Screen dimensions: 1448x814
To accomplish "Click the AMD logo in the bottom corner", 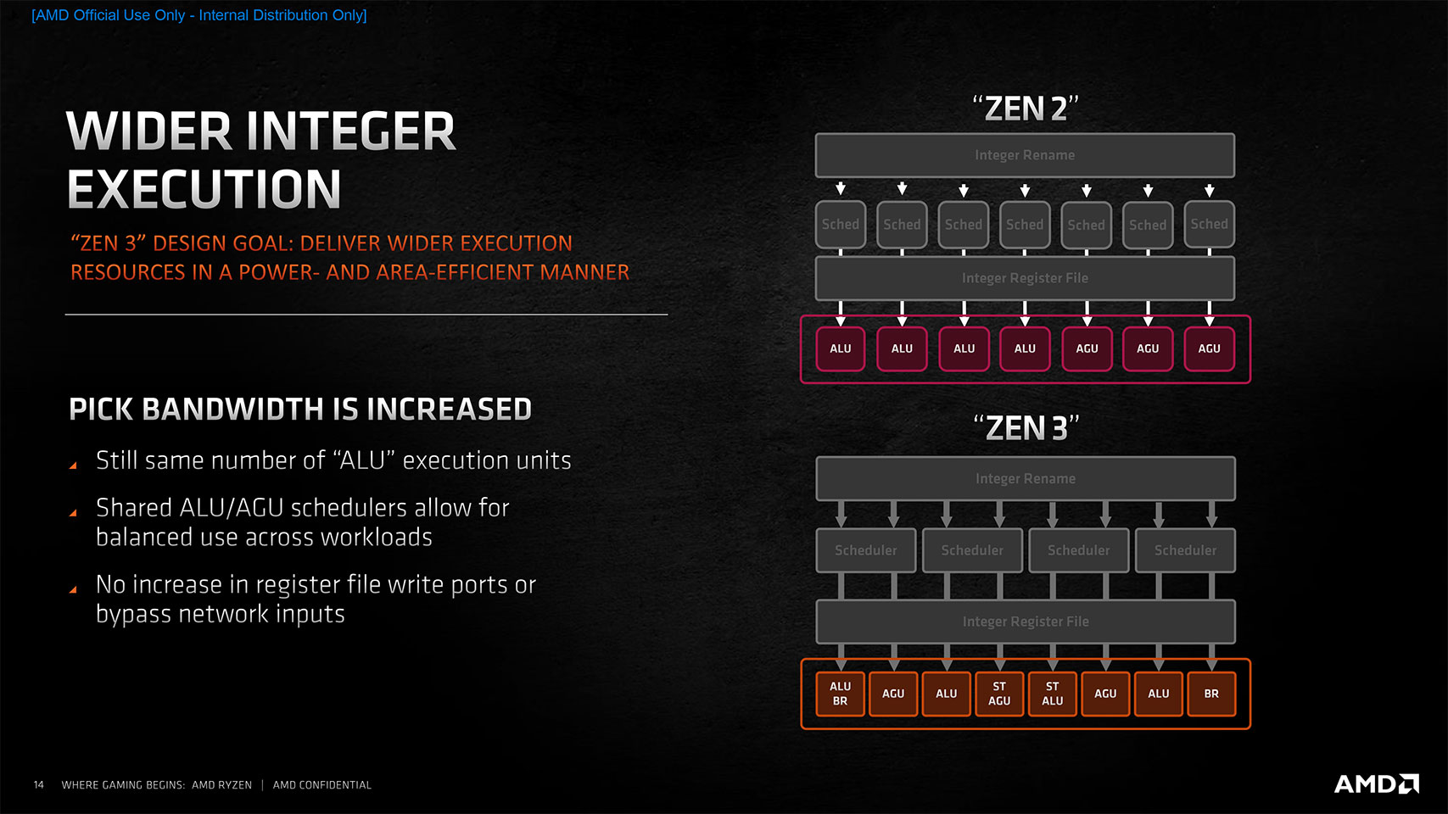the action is pyautogui.click(x=1376, y=783).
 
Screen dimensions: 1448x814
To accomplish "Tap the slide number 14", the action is pyautogui.click(x=39, y=785).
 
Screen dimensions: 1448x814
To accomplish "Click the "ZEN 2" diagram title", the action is pyautogui.click(x=1026, y=109).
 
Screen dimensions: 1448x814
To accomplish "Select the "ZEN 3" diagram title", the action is pyautogui.click(x=1026, y=428).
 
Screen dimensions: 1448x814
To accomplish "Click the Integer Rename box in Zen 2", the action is pyautogui.click(x=1025, y=155).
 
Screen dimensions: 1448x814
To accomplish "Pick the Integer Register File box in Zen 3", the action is pyautogui.click(x=1026, y=622).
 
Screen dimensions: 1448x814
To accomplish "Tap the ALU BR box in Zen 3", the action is pyautogui.click(x=840, y=694).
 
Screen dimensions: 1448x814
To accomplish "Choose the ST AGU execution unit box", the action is pyautogui.click(x=998, y=694).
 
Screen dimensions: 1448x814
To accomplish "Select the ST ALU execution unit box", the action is pyautogui.click(x=1052, y=694).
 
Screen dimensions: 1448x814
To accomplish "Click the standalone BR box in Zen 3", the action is pyautogui.click(x=1211, y=694).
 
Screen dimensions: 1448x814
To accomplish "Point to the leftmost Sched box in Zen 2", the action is pyautogui.click(x=841, y=225).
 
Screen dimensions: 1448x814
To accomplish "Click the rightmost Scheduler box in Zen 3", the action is pyautogui.click(x=1185, y=550).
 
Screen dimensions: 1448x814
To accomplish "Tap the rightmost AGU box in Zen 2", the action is pyautogui.click(x=1210, y=348).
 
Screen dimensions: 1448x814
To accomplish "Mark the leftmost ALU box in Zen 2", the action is pyautogui.click(x=841, y=348).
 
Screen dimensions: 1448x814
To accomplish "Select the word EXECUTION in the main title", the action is pyautogui.click(x=204, y=188).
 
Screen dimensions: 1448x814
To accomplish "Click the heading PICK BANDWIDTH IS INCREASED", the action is pyautogui.click(x=300, y=409).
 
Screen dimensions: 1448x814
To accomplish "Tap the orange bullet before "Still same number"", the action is pyautogui.click(x=73, y=466).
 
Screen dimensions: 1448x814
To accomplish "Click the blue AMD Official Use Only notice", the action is pyautogui.click(x=199, y=15).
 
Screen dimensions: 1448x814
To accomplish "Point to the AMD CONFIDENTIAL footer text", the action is pyautogui.click(x=322, y=785).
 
